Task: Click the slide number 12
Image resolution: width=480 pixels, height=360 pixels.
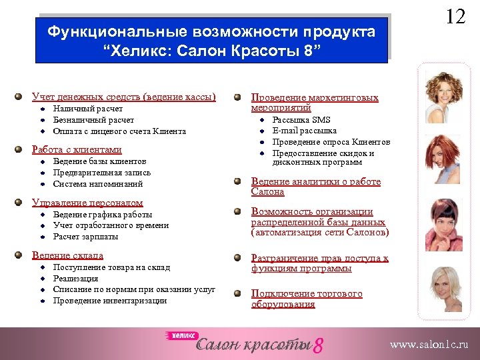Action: (455, 16)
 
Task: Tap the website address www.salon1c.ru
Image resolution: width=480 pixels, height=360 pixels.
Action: (429, 345)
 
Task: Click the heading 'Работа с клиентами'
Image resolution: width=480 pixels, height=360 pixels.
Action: (77, 150)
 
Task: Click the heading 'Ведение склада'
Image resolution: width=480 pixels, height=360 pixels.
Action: (67, 255)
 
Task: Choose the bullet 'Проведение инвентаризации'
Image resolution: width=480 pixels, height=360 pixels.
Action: (110, 301)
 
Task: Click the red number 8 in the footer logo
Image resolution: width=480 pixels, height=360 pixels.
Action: (318, 345)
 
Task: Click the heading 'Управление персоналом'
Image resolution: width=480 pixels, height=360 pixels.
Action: (87, 203)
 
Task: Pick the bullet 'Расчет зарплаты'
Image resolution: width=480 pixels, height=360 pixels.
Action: (85, 237)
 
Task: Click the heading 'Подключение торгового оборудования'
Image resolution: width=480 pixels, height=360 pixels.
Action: (307, 299)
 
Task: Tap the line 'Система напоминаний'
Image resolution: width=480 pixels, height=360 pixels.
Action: (98, 183)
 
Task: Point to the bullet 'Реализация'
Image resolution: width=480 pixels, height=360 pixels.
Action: (75, 279)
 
